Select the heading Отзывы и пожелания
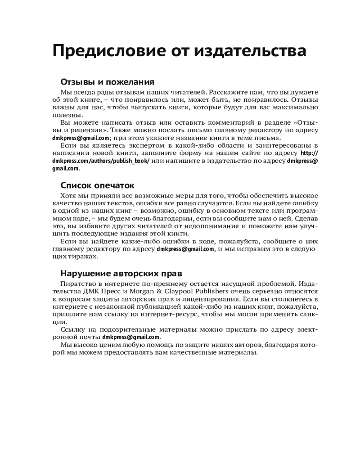(x=107, y=82)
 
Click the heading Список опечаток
(x=97, y=185)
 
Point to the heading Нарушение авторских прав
(x=121, y=273)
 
